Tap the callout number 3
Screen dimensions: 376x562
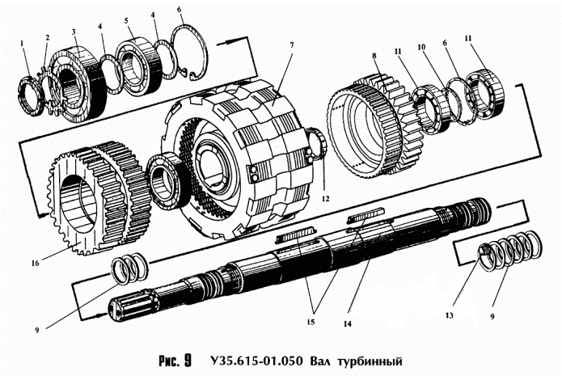(x=74, y=32)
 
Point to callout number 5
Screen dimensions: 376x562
(x=126, y=19)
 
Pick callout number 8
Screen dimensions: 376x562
(x=374, y=57)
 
